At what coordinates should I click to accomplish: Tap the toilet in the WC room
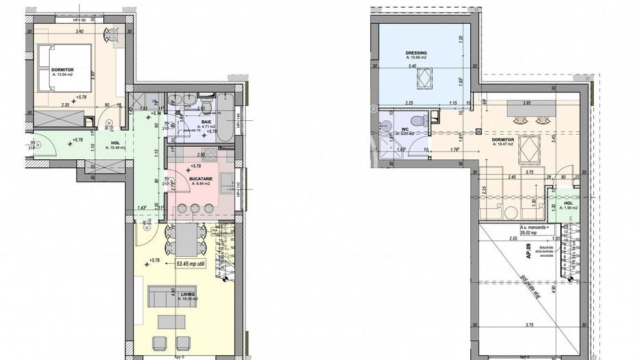tap(425, 121)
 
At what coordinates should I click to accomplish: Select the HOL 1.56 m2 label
tap(568, 205)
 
